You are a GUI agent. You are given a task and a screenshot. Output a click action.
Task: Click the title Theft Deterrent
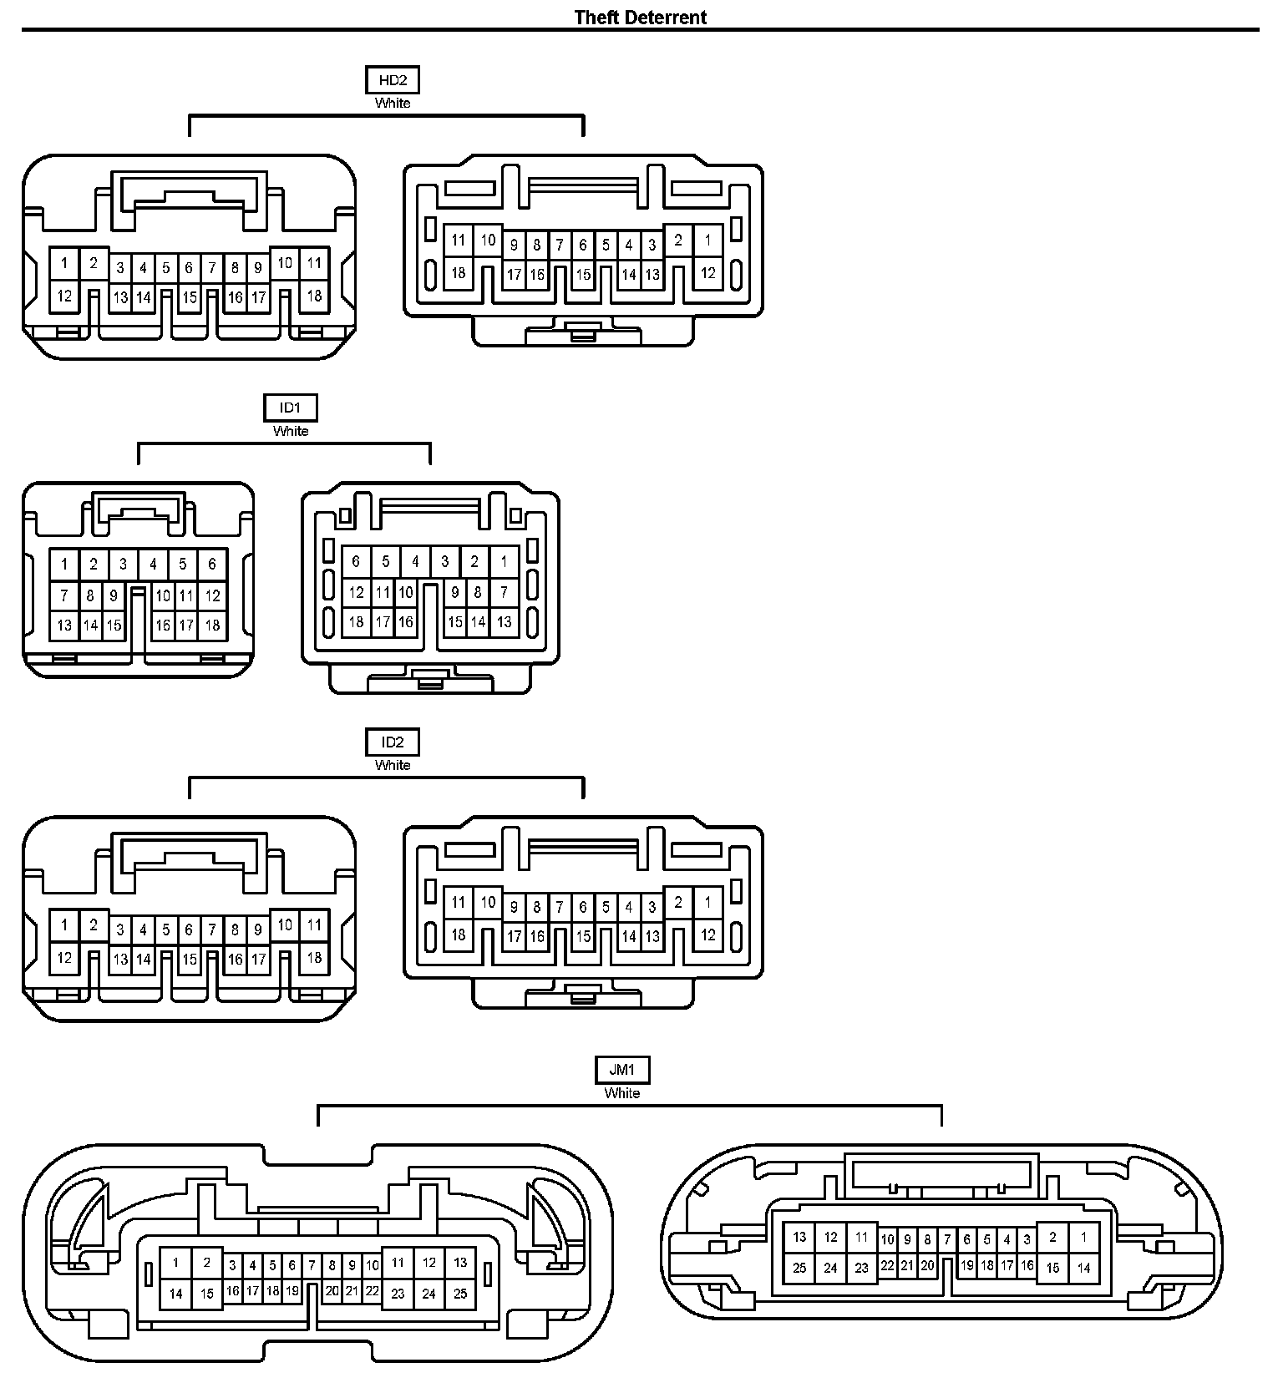tap(640, 17)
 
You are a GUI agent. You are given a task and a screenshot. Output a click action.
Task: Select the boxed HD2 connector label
tap(393, 80)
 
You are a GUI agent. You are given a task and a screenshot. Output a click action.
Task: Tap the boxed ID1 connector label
tap(290, 408)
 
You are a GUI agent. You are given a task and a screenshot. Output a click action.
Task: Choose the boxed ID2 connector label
tap(393, 742)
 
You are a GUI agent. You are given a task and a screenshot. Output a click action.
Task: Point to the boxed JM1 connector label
tap(622, 1070)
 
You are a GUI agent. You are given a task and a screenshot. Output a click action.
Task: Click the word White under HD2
tap(393, 103)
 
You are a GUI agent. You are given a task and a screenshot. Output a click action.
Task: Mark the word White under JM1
tap(622, 1092)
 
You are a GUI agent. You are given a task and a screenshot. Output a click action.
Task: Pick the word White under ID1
tap(290, 431)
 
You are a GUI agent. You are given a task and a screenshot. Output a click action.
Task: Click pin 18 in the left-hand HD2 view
tap(314, 296)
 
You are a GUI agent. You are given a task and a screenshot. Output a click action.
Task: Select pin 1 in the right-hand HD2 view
tap(707, 240)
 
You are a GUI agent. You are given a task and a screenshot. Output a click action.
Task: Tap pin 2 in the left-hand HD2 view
tap(94, 263)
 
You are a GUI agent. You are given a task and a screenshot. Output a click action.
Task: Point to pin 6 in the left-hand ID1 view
tap(212, 564)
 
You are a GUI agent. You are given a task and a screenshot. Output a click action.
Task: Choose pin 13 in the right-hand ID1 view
tap(504, 621)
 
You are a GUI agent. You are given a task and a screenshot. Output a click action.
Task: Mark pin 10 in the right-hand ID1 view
tap(405, 593)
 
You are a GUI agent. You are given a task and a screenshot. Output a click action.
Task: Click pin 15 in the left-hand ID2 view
tap(190, 960)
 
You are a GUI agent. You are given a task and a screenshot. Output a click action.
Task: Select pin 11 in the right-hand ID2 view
tap(458, 902)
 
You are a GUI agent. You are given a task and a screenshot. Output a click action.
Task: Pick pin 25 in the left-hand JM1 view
tap(460, 1294)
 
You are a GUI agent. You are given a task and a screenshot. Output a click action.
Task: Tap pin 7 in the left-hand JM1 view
tap(312, 1265)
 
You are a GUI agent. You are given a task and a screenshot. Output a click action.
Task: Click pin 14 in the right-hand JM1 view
tap(1083, 1268)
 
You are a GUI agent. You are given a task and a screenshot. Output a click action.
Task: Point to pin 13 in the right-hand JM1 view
tap(799, 1237)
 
